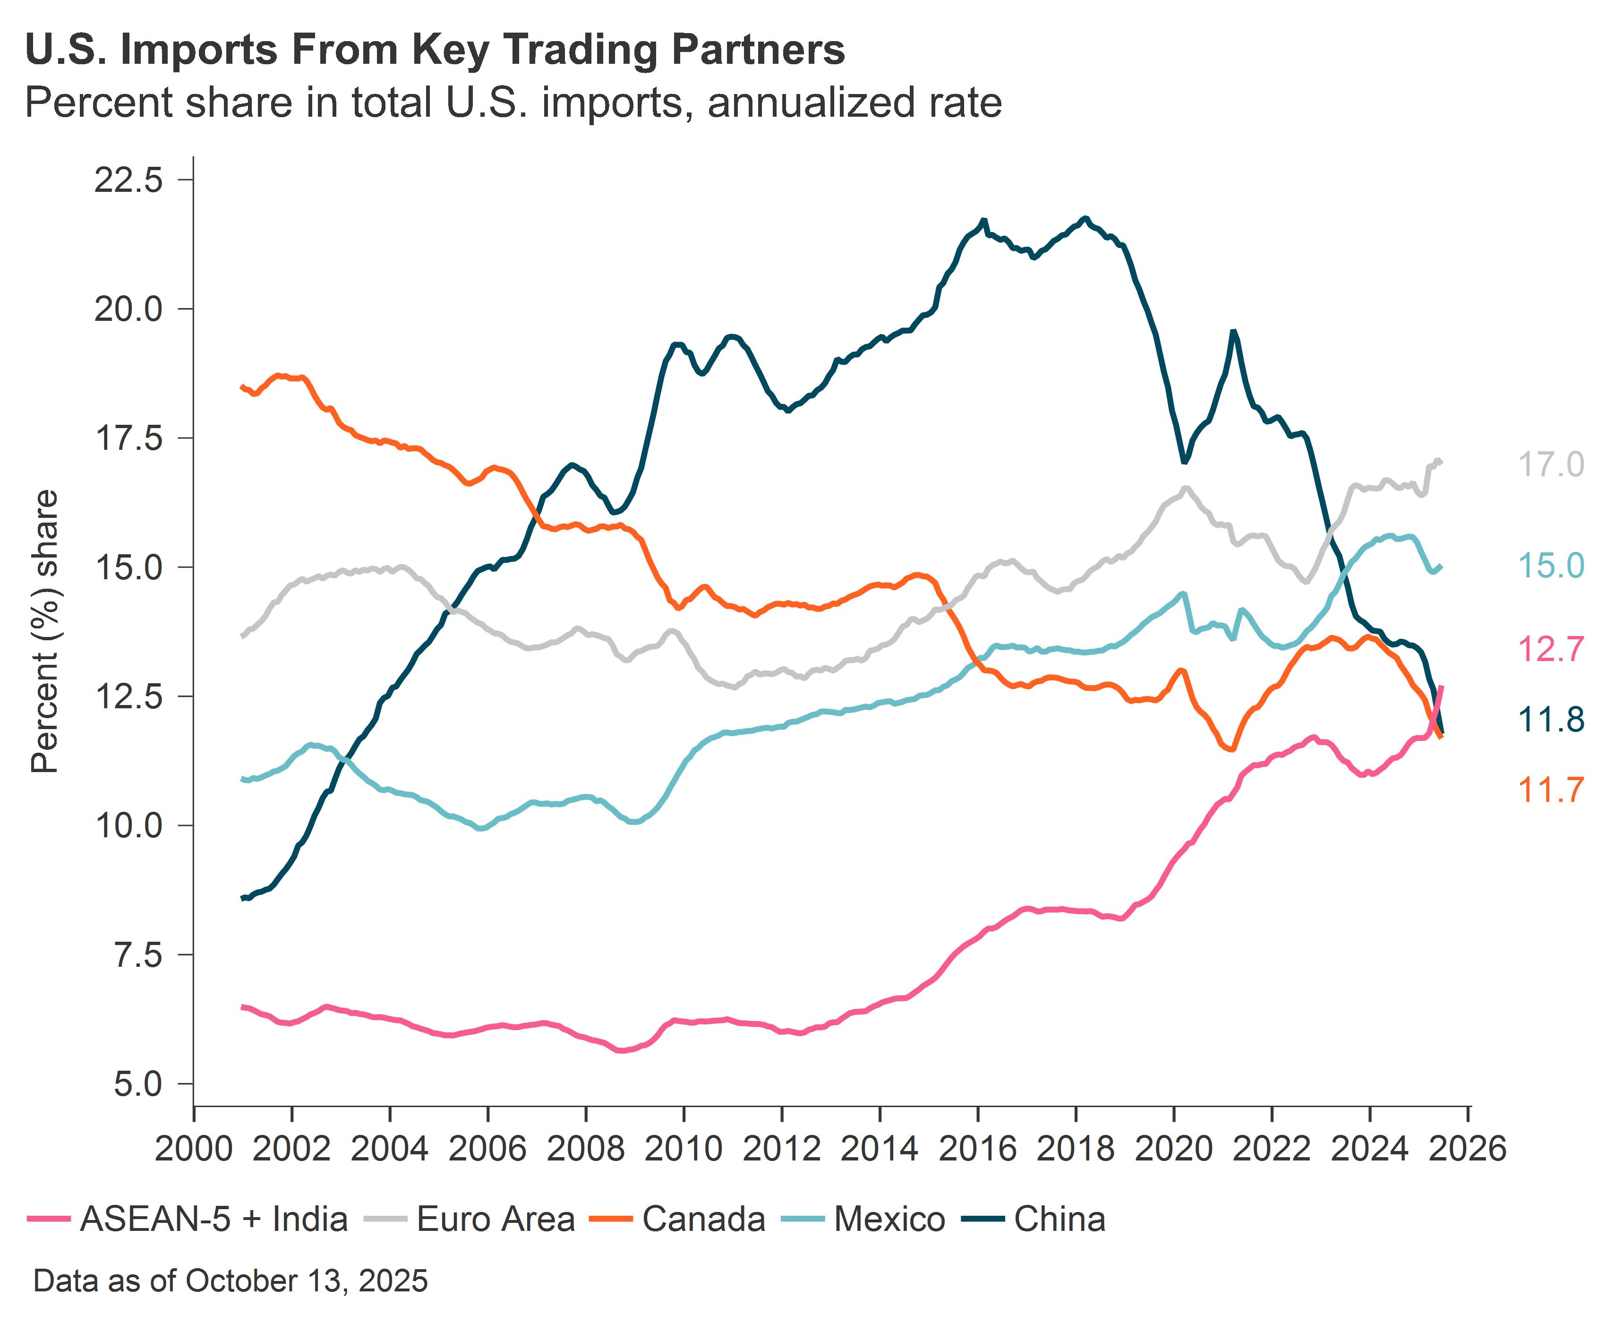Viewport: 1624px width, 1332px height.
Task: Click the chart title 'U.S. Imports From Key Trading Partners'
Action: point(435,50)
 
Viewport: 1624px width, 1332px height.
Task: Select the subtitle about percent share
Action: point(513,103)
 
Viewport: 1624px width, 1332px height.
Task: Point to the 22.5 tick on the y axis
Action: point(128,180)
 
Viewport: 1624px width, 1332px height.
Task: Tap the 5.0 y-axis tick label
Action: point(138,1084)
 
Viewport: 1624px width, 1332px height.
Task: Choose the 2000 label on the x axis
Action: point(193,1149)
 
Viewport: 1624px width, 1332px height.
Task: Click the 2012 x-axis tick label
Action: point(782,1149)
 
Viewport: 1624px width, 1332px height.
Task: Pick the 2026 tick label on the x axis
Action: point(1468,1149)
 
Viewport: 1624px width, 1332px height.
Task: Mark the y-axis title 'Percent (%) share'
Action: point(44,631)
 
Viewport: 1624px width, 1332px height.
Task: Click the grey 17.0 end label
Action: point(1550,465)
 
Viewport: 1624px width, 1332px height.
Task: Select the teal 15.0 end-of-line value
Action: point(1550,566)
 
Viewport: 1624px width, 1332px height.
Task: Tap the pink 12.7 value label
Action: point(1550,650)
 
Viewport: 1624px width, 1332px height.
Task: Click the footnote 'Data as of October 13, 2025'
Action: point(230,1280)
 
